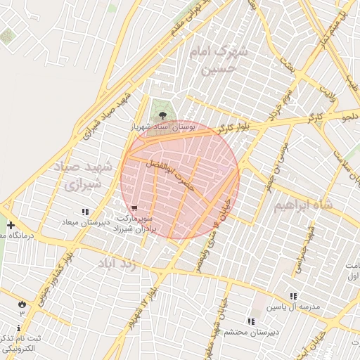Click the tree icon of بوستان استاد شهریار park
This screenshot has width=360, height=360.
162,115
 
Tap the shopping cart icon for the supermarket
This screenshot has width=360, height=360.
134,209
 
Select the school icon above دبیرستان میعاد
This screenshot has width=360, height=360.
85,212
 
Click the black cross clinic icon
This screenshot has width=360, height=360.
11,225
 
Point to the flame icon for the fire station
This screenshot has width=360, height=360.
22,304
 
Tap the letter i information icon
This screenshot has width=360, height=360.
18,328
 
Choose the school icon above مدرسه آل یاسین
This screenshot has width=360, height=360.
293,297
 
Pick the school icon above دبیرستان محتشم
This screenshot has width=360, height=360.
251,321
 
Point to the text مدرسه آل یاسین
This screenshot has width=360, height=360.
298,308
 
